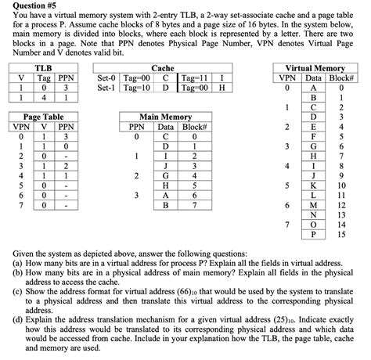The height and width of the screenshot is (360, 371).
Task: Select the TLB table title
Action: [x=43, y=68]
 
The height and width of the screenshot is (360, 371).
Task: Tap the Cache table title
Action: [x=162, y=68]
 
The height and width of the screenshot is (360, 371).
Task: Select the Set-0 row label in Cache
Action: [x=106, y=78]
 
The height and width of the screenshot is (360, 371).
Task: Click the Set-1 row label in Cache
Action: [x=106, y=88]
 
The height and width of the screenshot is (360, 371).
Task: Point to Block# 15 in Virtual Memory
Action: [x=340, y=232]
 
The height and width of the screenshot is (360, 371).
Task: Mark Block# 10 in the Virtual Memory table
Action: [x=340, y=185]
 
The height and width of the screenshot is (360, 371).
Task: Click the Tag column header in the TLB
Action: [x=42, y=78]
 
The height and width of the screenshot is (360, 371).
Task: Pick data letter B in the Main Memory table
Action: [x=165, y=205]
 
